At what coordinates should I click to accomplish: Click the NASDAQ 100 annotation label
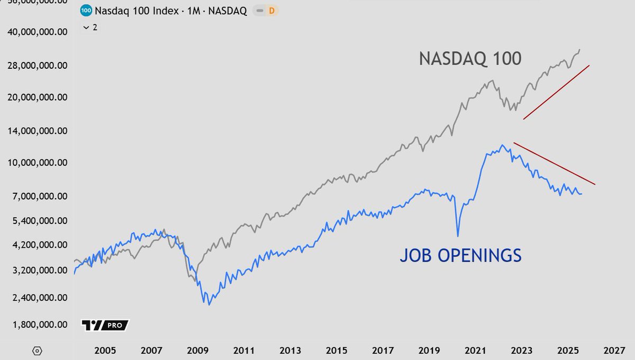[470, 59]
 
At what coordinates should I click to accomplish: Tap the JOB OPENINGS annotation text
[460, 256]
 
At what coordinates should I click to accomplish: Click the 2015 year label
[337, 350]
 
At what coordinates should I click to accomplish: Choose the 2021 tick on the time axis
[476, 350]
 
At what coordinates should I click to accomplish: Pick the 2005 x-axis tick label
[105, 350]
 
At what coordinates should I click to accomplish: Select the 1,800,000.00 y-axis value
[38, 325]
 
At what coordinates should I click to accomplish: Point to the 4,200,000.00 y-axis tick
[38, 245]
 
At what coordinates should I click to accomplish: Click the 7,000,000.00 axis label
[38, 196]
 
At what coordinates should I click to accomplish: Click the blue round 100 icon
[85, 11]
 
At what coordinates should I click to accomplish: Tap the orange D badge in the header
[272, 11]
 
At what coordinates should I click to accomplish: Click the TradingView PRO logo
[105, 325]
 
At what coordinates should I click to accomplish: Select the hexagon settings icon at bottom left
[37, 350]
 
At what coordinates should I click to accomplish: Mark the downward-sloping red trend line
[555, 164]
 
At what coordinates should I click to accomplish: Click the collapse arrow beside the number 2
[86, 28]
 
